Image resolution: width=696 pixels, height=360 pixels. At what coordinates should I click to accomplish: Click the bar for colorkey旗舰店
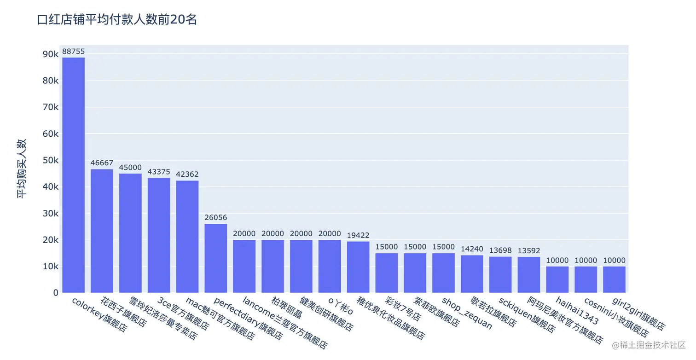[x=73, y=175]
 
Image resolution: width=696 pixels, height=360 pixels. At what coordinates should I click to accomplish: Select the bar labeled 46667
[x=102, y=230]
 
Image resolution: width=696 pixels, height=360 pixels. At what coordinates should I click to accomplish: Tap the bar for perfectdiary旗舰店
[x=216, y=258]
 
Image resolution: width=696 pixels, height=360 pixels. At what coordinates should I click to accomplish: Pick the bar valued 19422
[x=358, y=267]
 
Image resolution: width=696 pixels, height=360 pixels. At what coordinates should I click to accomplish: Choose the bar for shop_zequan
[x=444, y=273]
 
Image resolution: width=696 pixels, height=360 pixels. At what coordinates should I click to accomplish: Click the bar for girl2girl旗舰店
[x=615, y=279]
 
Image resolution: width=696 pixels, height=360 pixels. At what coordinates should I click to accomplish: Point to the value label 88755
[x=73, y=52]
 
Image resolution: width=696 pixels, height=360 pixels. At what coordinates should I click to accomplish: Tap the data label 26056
[x=216, y=218]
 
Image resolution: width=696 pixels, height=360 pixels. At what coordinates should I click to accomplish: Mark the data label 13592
[x=529, y=251]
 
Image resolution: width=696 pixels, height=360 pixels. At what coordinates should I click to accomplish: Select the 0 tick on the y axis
[x=55, y=293]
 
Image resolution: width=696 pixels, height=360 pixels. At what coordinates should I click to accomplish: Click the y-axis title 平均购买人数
[x=22, y=168]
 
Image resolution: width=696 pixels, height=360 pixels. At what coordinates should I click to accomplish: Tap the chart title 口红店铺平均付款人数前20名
[x=117, y=20]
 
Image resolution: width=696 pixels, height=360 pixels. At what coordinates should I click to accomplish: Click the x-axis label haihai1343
[x=577, y=311]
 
